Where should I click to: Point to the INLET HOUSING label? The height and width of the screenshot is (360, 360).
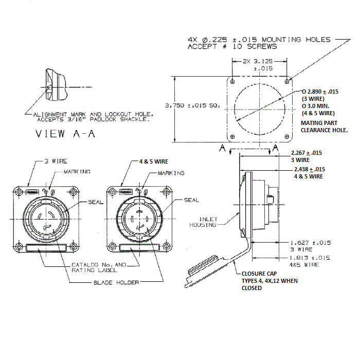(x=204, y=222)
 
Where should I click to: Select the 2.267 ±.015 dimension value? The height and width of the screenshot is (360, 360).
(x=307, y=153)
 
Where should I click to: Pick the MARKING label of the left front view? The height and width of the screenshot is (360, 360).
(x=77, y=171)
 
